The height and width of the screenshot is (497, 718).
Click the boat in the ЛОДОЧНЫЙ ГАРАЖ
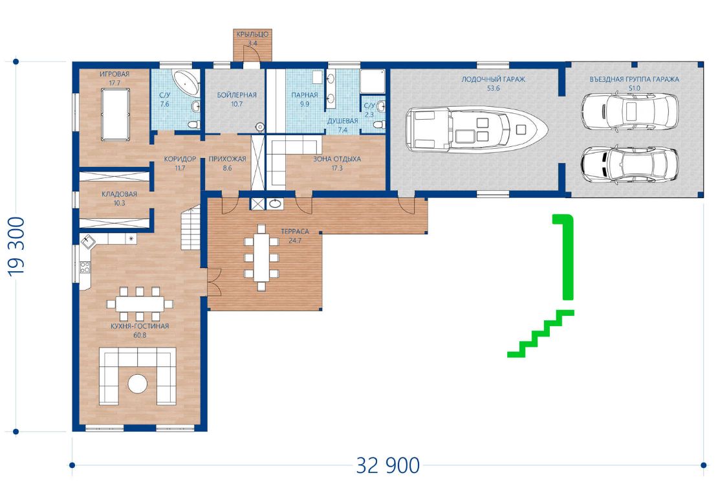[477, 129]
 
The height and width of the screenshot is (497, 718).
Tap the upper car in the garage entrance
[630, 111]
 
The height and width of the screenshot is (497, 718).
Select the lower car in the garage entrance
[630, 164]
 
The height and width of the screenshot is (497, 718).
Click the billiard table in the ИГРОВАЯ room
[115, 115]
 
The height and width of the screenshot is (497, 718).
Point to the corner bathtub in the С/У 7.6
[186, 82]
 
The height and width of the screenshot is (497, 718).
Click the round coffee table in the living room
[137, 384]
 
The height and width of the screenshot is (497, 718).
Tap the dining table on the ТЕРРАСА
[261, 258]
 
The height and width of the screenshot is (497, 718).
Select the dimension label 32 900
[388, 465]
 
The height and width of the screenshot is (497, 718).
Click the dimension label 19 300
[17, 247]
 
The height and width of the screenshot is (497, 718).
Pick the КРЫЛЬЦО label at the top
[252, 34]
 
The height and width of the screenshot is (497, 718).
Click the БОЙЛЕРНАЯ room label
[237, 95]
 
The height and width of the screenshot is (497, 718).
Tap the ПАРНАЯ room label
[305, 95]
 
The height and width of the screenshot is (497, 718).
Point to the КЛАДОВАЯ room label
[119, 193]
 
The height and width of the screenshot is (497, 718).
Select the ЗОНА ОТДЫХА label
[337, 159]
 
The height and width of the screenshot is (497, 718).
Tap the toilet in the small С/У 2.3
[378, 124]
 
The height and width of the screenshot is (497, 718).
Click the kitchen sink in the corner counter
[87, 241]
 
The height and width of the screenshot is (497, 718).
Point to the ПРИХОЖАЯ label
[227, 159]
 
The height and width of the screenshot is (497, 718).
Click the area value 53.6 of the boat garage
[493, 89]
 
